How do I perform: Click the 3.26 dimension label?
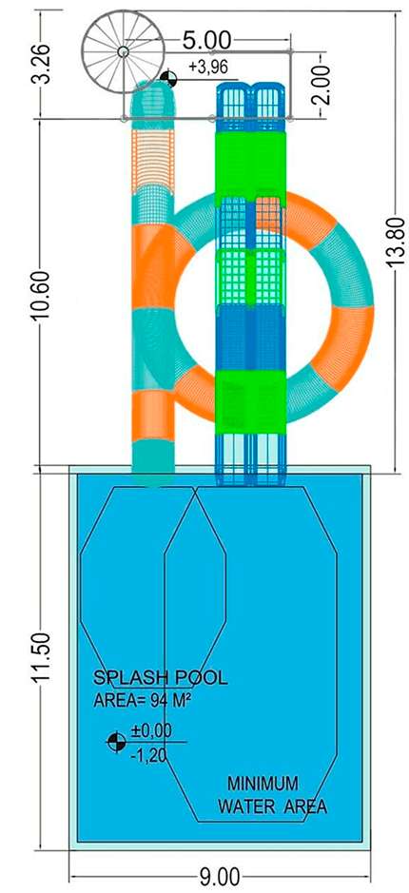46,62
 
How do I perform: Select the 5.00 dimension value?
206,41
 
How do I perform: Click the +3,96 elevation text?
208,68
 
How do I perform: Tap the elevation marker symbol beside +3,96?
168,79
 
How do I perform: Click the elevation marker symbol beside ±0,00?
116,742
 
